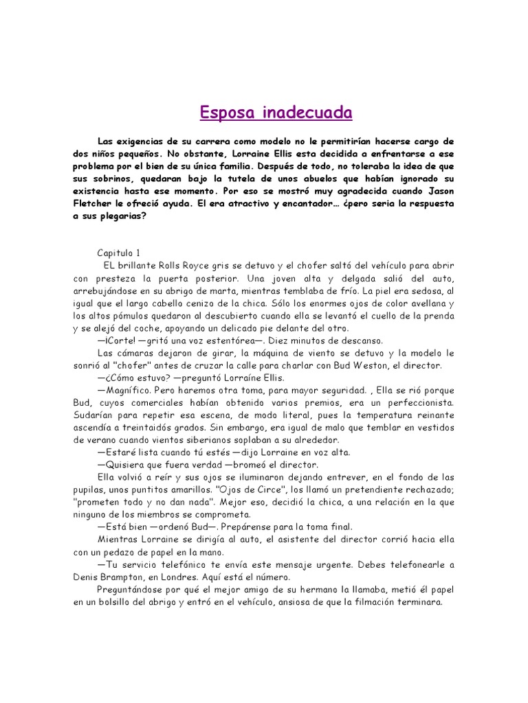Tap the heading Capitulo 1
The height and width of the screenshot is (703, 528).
(x=119, y=253)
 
